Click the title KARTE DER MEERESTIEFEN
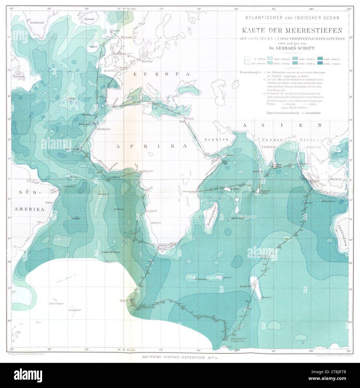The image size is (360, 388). (x=292, y=30)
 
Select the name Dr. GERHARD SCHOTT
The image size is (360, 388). (x=292, y=48)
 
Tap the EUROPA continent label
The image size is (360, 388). (x=161, y=74)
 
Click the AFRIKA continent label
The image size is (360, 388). (x=150, y=146)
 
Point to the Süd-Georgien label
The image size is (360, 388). (x=57, y=304)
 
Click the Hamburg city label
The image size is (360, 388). (x=148, y=61)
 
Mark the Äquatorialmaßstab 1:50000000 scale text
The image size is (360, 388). (x=292, y=113)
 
